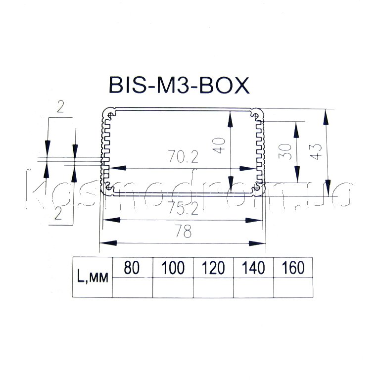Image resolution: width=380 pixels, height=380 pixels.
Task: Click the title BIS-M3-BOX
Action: pos(179,85)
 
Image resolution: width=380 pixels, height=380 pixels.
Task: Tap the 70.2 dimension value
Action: pos(183,157)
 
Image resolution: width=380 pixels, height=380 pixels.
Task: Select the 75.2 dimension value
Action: pos(183,208)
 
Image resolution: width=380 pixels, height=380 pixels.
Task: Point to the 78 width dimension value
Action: pos(183,231)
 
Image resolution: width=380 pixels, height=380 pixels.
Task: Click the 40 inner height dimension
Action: pos(219,145)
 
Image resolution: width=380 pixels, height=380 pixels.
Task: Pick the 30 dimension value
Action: pos(285,151)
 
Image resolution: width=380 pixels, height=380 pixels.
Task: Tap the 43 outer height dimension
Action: pos(316,151)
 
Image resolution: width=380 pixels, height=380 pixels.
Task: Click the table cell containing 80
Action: pos(132,267)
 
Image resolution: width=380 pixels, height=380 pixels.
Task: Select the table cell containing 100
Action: pos(173,267)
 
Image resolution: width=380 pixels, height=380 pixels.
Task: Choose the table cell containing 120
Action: pos(213,267)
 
